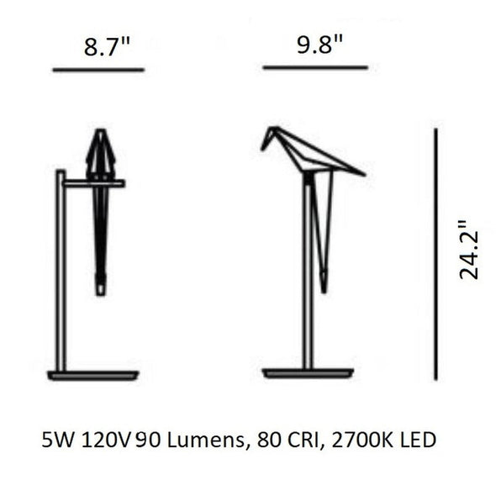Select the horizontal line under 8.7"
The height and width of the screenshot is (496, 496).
[98, 70]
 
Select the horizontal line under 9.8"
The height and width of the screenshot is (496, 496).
[314, 67]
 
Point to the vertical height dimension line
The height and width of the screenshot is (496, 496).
[435, 253]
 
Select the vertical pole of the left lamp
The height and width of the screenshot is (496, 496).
[61, 269]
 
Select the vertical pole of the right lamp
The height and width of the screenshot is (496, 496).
[308, 277]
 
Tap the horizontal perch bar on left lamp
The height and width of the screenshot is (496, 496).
[92, 182]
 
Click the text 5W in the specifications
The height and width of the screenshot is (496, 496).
[55, 440]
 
